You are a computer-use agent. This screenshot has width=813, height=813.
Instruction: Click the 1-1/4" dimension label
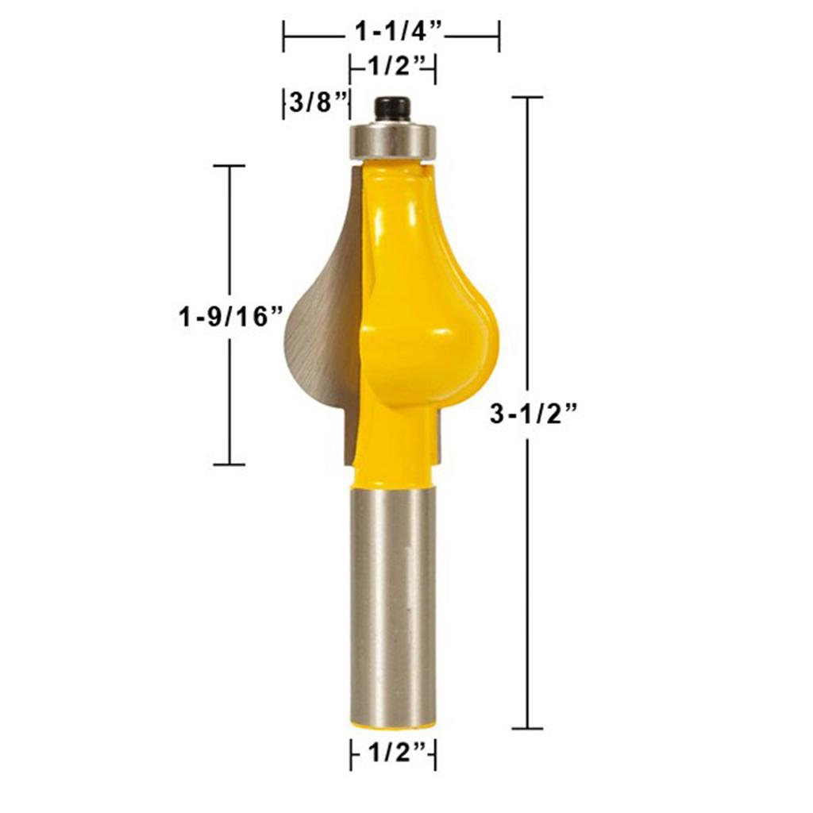click(398, 32)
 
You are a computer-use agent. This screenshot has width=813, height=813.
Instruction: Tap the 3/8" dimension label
click(318, 102)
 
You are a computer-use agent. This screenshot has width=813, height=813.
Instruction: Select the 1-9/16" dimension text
click(231, 316)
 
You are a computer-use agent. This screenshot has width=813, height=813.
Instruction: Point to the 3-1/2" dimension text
click(534, 414)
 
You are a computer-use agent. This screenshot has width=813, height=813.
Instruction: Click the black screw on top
click(392, 110)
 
